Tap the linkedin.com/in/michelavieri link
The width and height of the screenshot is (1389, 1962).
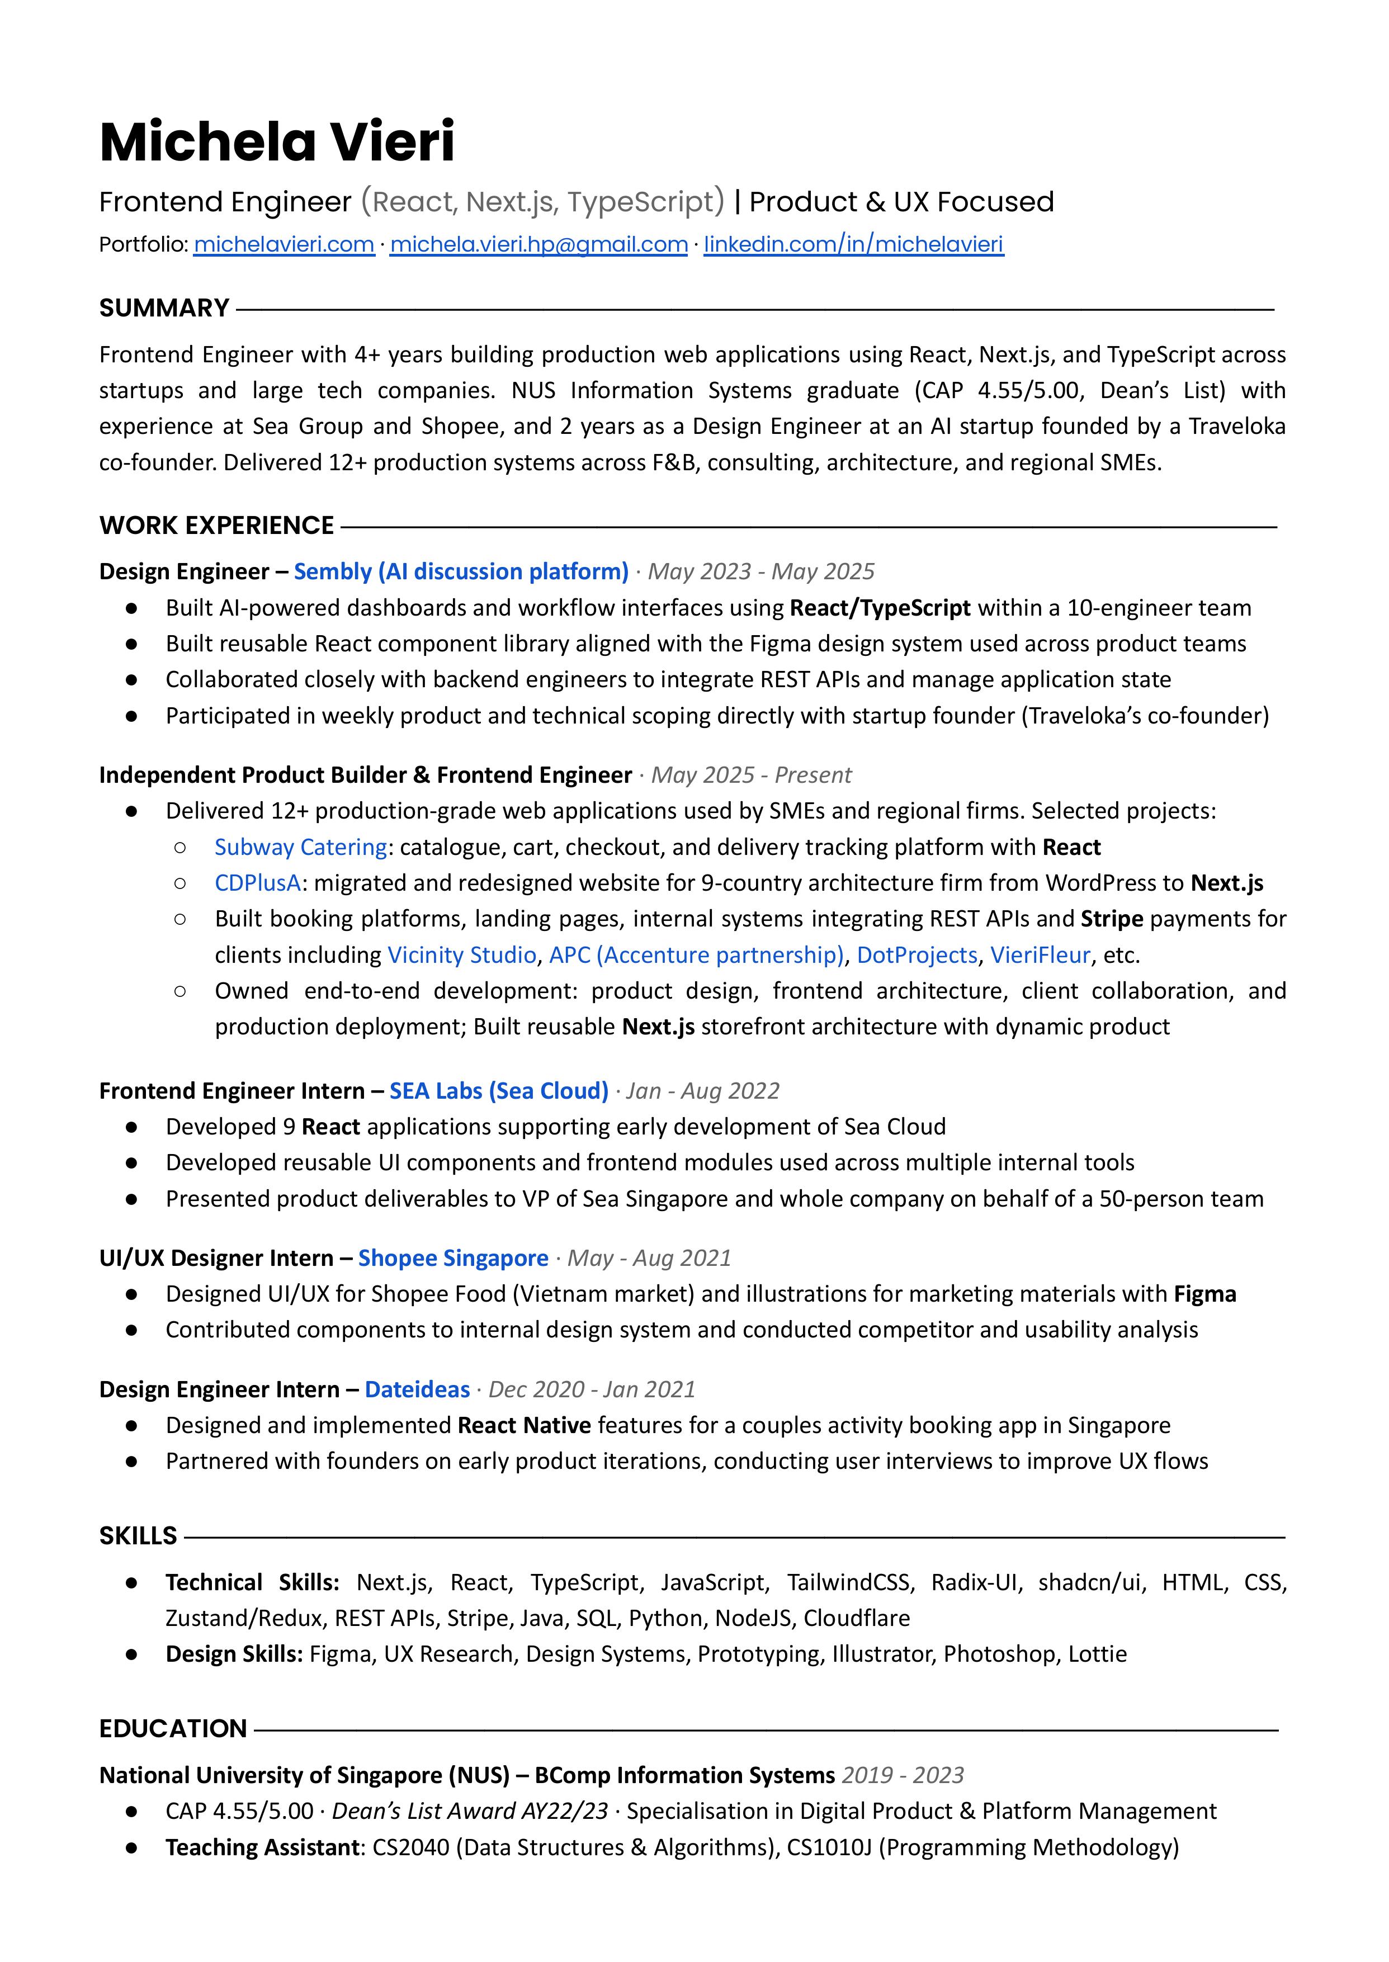(853, 244)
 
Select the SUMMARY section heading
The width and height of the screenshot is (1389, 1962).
(164, 308)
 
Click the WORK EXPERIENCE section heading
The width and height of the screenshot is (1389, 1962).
(216, 525)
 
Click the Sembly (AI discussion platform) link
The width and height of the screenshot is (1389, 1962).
(461, 571)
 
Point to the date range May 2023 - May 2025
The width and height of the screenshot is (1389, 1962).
(760, 571)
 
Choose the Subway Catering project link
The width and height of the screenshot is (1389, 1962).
(300, 847)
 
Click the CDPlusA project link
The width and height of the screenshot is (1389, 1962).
(257, 883)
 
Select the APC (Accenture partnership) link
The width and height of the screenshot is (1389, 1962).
(696, 954)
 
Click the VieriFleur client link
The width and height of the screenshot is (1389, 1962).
(1040, 954)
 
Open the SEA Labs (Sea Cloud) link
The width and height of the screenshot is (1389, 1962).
(499, 1090)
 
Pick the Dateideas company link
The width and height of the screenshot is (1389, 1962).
(417, 1389)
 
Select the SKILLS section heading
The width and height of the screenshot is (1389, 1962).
(138, 1536)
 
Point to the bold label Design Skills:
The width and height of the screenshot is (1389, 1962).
(234, 1654)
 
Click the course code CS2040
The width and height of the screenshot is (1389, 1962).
(410, 1847)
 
